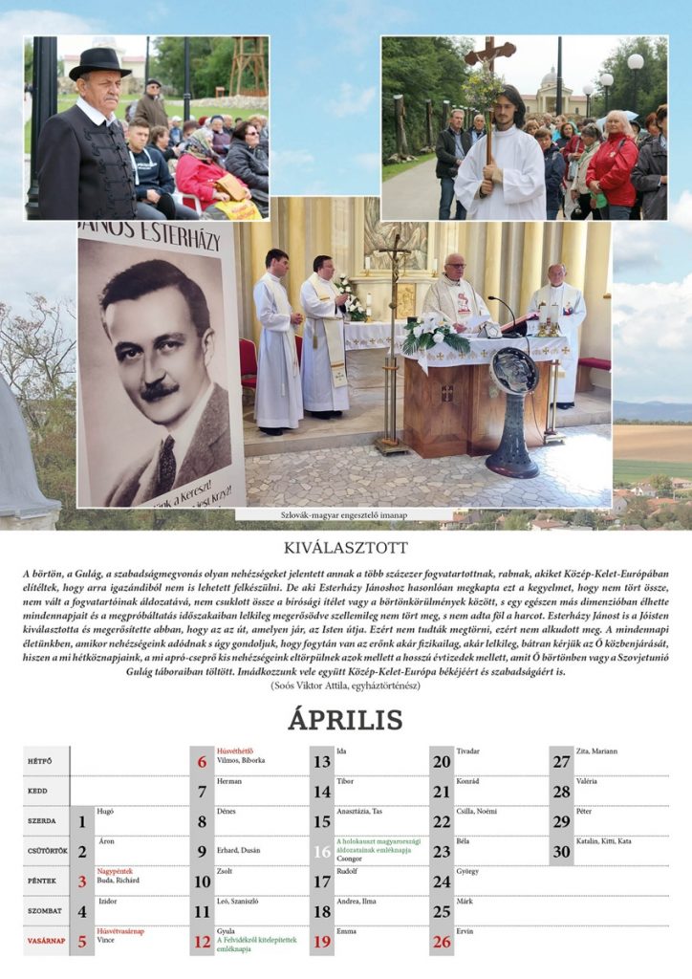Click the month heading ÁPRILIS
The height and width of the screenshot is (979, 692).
point(345,720)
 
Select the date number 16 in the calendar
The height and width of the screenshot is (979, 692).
point(322,852)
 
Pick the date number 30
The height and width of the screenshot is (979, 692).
point(561,852)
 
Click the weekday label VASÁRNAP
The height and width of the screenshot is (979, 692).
point(46,941)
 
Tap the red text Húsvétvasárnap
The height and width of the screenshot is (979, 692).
point(120,931)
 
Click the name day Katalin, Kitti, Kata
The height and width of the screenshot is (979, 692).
point(604,840)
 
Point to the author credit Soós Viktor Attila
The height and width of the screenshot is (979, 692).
point(345,685)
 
